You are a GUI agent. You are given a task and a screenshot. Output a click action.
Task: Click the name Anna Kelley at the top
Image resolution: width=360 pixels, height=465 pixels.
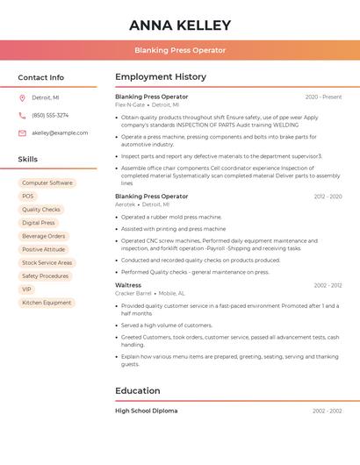pos(180,25)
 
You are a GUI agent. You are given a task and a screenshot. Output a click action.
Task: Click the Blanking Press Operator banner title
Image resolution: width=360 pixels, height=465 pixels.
pos(180,50)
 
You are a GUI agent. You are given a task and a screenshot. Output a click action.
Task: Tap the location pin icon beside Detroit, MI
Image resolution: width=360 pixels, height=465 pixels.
pos(22,97)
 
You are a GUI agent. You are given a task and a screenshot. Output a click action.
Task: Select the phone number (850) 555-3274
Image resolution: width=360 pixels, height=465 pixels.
pos(50,115)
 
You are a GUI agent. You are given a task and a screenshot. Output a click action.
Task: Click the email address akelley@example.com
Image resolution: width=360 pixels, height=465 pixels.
pos(60,132)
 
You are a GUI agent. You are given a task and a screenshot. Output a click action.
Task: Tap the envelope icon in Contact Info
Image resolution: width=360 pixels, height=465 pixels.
pos(22,132)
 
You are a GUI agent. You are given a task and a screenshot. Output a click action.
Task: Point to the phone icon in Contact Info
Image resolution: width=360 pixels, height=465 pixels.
pos(22,115)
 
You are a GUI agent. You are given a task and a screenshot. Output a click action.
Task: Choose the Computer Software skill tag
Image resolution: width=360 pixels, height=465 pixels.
pos(47,183)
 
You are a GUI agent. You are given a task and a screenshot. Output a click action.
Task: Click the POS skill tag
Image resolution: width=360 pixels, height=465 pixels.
pos(28,197)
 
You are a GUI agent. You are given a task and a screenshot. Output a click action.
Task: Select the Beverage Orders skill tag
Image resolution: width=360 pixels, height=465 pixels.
pos(44,236)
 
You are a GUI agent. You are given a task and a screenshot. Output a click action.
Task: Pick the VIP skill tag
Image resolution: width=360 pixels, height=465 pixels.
pos(26,290)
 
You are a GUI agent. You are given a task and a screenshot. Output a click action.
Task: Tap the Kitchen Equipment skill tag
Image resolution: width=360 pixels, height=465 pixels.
pos(47,303)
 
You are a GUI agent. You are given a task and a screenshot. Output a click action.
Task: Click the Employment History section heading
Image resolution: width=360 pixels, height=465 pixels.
pos(161,77)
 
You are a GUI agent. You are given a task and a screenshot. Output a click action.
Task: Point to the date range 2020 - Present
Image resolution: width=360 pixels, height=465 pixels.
pos(323,97)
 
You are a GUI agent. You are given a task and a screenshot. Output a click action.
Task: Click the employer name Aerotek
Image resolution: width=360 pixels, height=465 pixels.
pos(126,204)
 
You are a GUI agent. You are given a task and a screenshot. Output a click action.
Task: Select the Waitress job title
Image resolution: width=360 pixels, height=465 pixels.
pos(128,285)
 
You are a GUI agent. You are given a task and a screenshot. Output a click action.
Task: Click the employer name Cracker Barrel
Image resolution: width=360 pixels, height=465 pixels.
pos(133,293)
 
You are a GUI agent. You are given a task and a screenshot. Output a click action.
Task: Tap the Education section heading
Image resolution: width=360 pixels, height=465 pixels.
pos(138,391)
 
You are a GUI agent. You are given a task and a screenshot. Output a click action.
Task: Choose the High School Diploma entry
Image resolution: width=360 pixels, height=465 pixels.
pos(146,411)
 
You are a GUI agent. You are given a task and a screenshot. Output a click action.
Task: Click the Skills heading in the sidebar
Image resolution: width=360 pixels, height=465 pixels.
pos(28,160)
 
